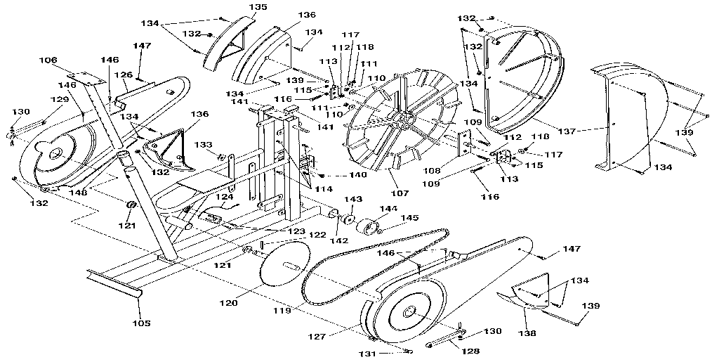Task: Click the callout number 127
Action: (319, 337)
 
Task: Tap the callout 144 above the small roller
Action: (388, 209)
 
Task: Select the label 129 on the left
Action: (59, 100)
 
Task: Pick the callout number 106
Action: (48, 60)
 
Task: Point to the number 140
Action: (339, 175)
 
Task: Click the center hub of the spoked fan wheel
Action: (402, 121)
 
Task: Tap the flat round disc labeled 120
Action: (285, 264)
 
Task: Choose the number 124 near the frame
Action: (225, 197)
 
